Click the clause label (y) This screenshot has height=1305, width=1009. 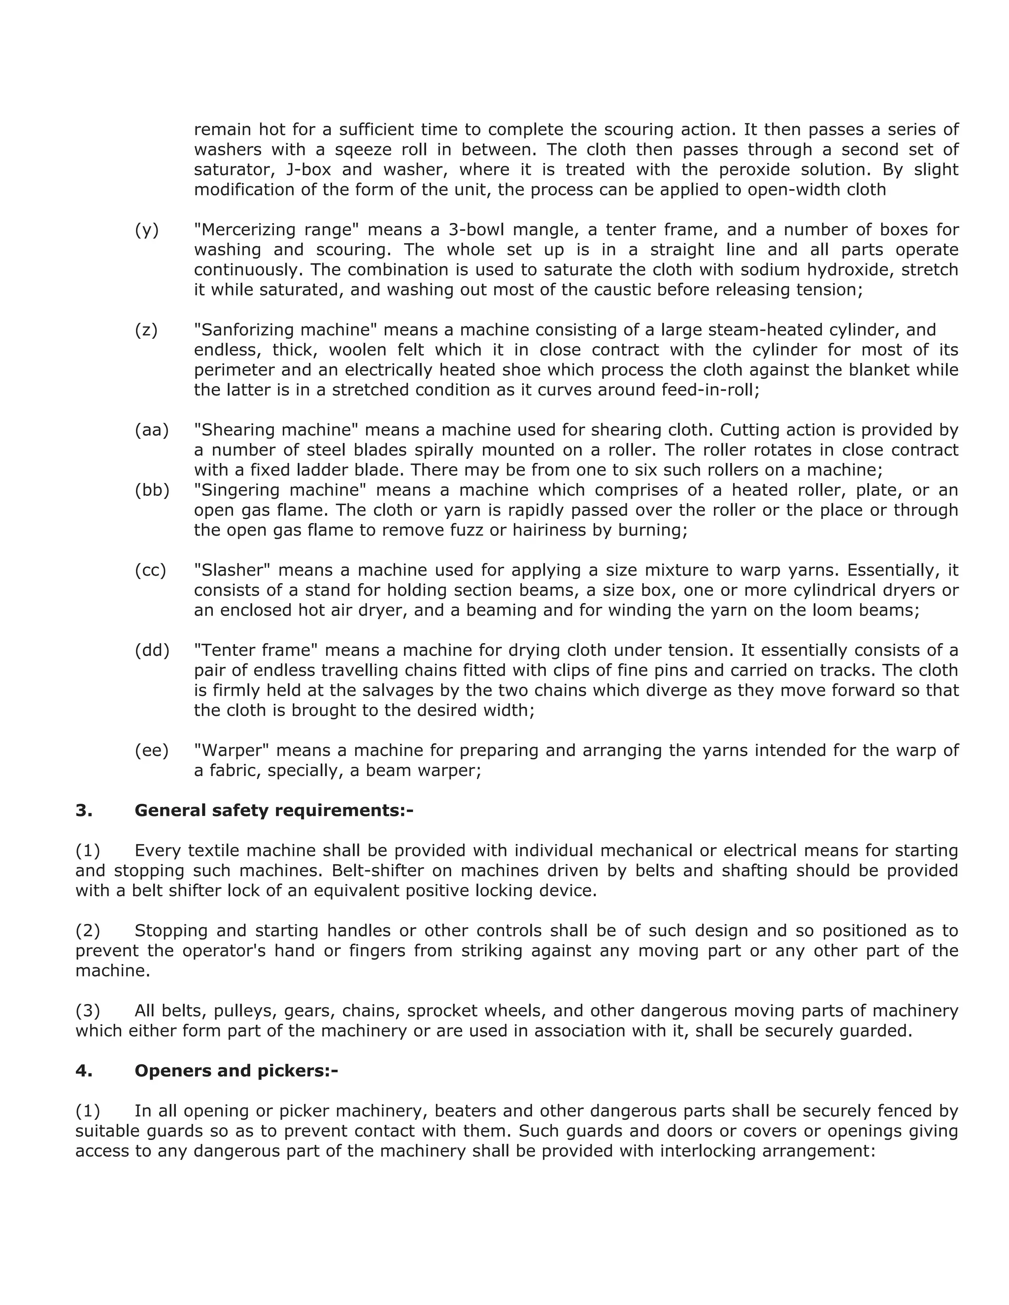146,230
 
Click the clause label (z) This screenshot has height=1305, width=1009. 146,330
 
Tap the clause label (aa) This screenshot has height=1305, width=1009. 152,430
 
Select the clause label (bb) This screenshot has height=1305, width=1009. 152,490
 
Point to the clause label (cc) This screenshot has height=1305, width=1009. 150,570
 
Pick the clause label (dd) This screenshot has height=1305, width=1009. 152,650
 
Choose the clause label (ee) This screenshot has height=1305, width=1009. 151,750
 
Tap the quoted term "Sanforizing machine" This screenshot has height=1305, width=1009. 286,330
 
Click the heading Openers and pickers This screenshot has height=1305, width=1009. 236,1070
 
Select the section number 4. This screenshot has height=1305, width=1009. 84,1070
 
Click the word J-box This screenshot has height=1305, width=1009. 308,170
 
